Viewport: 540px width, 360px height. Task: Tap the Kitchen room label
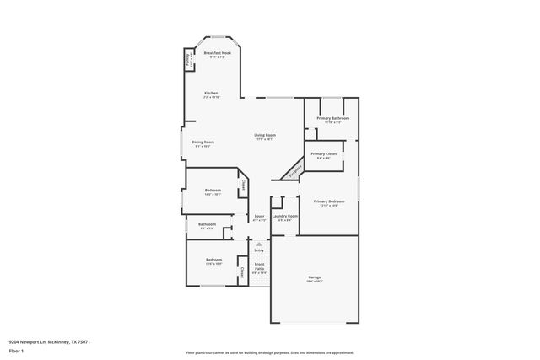[x=210, y=93]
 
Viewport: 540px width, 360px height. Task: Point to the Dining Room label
[x=202, y=142]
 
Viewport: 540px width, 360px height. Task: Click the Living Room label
[x=266, y=135]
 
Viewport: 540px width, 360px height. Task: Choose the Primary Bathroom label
[x=333, y=118]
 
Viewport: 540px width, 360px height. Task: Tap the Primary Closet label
[x=324, y=153]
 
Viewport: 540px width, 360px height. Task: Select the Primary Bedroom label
[x=329, y=201]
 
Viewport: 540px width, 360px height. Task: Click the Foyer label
[x=259, y=216]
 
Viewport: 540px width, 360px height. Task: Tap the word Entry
[x=259, y=250]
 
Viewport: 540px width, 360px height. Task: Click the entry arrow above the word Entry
[x=259, y=244]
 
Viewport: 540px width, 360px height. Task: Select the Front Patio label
[x=259, y=266]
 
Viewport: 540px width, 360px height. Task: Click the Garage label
[x=314, y=277]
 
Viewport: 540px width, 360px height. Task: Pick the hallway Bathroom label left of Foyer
[x=207, y=223]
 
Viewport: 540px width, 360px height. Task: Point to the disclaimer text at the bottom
[x=269, y=352]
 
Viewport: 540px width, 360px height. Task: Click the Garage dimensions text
[x=314, y=282]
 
